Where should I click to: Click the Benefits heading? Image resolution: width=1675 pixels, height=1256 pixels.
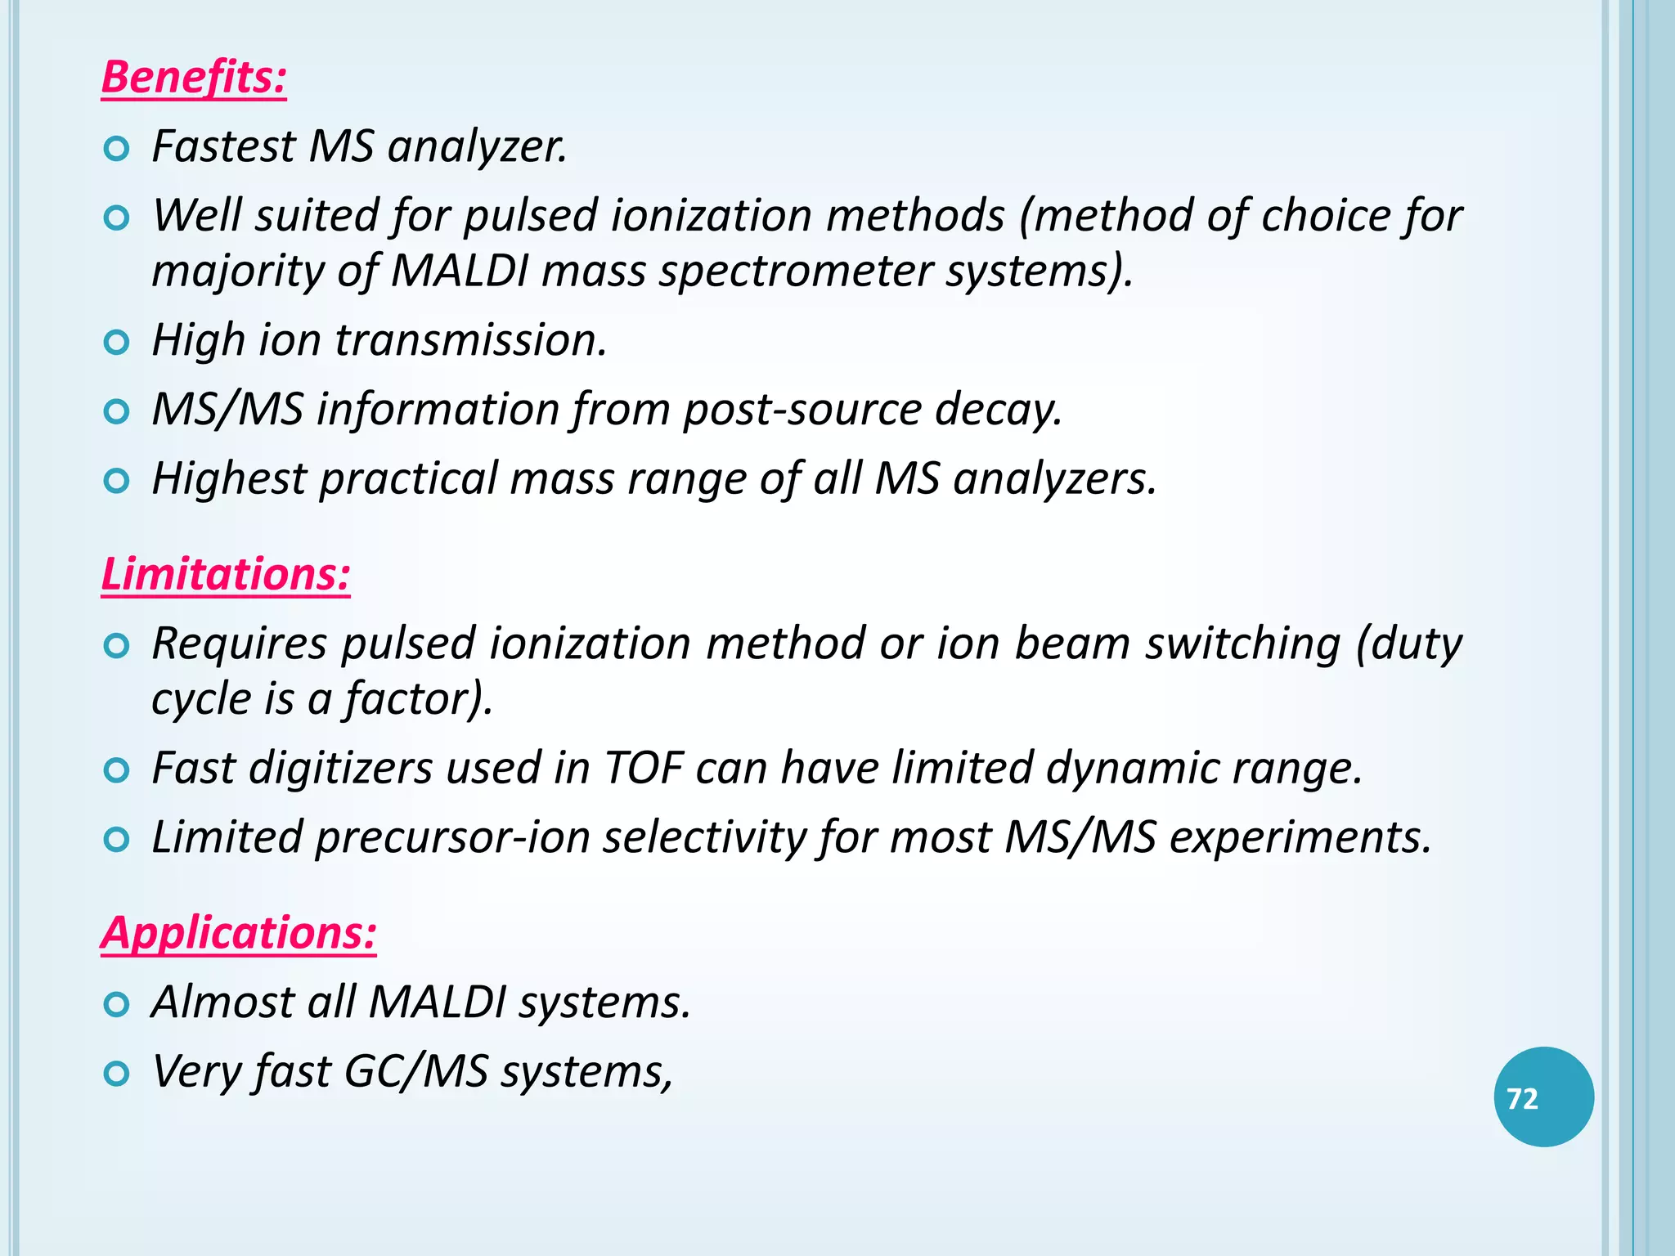click(194, 78)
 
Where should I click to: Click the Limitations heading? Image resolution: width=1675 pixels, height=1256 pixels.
click(226, 574)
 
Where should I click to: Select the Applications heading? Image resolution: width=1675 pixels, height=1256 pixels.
click(239, 933)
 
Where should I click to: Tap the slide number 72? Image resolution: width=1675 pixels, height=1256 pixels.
click(1522, 1098)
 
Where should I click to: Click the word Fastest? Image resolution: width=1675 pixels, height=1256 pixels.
click(223, 147)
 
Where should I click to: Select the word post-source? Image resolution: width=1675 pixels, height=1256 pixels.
click(802, 409)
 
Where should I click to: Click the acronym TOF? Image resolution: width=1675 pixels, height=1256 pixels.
click(643, 769)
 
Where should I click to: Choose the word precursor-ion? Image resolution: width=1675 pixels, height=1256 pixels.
click(452, 838)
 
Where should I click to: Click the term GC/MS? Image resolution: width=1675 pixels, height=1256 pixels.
click(416, 1071)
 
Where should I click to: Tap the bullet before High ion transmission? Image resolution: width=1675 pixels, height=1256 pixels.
click(118, 343)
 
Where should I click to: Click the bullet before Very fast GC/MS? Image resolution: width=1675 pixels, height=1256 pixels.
click(118, 1074)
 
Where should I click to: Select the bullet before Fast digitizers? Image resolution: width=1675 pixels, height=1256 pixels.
click(118, 771)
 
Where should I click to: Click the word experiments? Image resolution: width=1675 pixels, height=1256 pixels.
click(1300, 838)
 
